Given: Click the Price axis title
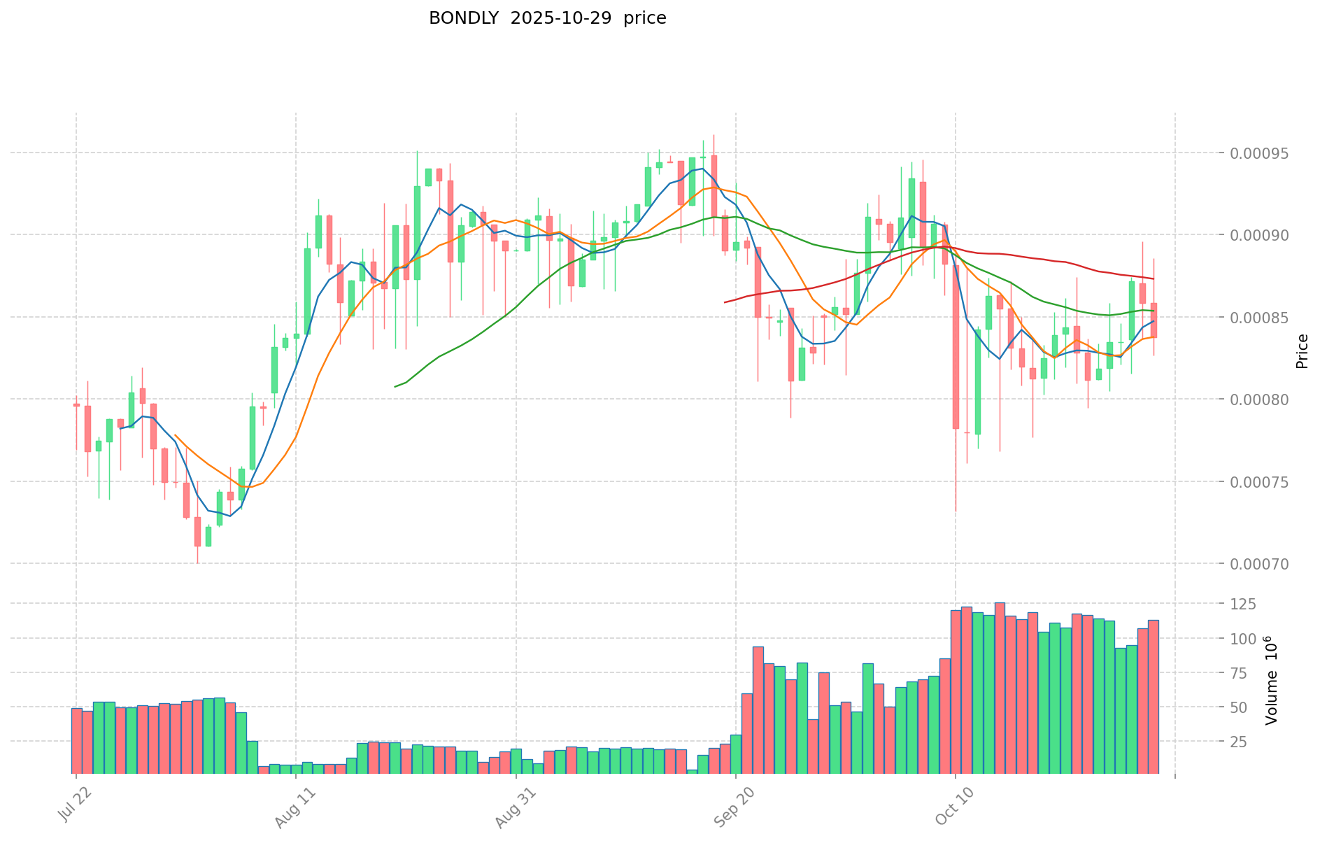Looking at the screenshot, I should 1302,351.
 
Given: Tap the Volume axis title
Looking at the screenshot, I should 1271,680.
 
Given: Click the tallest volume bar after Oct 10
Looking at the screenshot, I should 1000,688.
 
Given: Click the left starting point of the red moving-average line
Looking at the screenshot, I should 725,302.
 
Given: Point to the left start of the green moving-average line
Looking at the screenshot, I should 395,386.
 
